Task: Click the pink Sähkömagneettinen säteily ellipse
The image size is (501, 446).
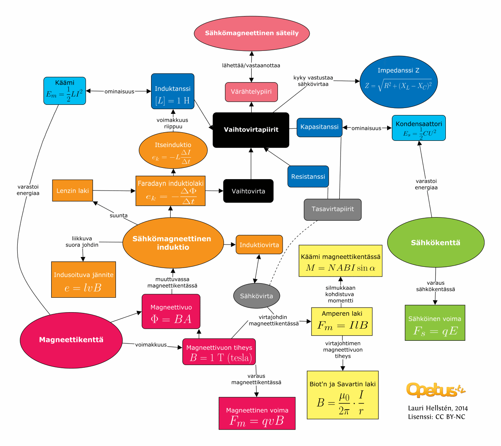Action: (252, 34)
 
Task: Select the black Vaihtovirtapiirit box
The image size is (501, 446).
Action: (251, 130)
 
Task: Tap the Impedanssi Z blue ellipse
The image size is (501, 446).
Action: (398, 82)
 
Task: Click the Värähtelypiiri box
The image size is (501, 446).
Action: (251, 92)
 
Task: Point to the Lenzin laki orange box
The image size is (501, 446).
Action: (72, 191)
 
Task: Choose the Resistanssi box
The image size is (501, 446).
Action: (308, 176)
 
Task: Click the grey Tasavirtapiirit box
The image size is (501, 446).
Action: (332, 209)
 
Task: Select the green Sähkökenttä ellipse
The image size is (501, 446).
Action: (436, 243)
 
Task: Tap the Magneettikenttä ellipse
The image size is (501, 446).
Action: (71, 340)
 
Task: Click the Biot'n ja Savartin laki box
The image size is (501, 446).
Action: (342, 395)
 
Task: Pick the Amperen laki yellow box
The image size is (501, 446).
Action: (342, 321)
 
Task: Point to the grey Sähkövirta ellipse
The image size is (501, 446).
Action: (256, 296)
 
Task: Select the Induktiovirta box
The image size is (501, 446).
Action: (259, 245)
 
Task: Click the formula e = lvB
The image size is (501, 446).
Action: (83, 288)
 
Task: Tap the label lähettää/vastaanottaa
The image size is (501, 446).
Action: (251, 65)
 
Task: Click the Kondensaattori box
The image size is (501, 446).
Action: (418, 128)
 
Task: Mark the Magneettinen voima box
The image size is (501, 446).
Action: (257, 414)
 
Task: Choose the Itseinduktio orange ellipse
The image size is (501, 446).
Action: (173, 150)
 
